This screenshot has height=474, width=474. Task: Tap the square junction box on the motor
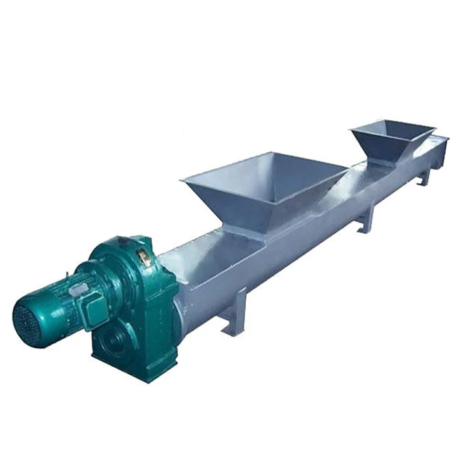(x=95, y=309)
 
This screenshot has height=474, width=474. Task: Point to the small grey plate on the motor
(x=79, y=289)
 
